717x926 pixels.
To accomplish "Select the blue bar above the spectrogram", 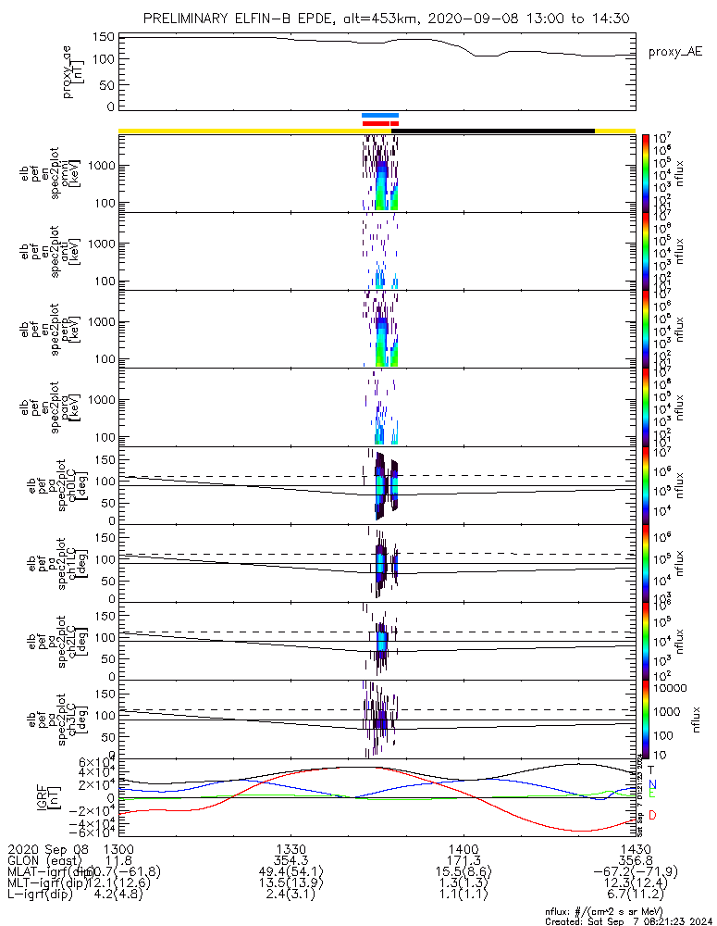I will [379, 115].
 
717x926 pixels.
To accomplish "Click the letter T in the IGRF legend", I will [650, 769].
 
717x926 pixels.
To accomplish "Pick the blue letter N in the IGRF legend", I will [650, 783].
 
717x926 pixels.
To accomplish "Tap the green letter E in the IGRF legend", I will [650, 795].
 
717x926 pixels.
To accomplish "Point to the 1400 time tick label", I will [463, 849].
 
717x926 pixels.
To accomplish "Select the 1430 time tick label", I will [635, 849].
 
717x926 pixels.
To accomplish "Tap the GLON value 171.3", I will [463, 860].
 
